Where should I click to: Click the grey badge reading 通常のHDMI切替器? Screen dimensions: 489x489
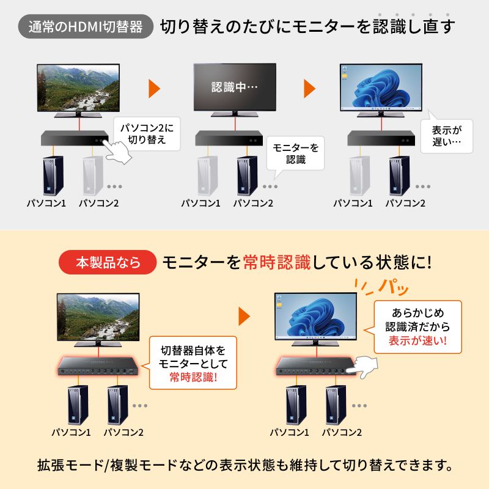[86, 27]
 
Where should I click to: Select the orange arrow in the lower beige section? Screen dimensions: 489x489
[244, 317]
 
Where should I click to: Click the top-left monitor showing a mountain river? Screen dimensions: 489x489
[78, 87]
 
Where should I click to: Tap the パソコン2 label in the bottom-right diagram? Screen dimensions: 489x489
[342, 432]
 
